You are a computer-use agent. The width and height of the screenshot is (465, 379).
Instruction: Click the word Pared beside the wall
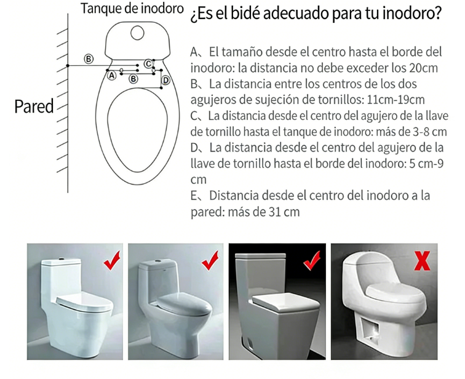pyautogui.click(x=34, y=106)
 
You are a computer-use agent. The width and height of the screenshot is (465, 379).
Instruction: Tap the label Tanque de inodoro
pyautogui.click(x=132, y=8)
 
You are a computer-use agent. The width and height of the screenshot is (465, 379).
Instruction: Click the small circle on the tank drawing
pyautogui.click(x=137, y=33)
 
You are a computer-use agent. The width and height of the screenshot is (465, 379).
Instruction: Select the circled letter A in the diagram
pyautogui.click(x=111, y=76)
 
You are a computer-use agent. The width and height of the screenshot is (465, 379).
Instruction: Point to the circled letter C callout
pyautogui.click(x=148, y=64)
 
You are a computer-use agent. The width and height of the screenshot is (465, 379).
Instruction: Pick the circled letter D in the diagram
pyautogui.click(x=166, y=80)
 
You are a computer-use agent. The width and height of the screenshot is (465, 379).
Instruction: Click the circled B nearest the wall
pyautogui.click(x=89, y=58)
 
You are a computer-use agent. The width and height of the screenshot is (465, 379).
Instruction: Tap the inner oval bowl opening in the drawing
pyautogui.click(x=137, y=130)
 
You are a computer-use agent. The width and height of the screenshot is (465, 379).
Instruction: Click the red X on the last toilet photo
pyautogui.click(x=422, y=261)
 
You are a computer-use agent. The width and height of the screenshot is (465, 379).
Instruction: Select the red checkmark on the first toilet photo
pyautogui.click(x=112, y=260)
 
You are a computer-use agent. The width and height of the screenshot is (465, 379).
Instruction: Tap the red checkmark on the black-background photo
pyautogui.click(x=312, y=260)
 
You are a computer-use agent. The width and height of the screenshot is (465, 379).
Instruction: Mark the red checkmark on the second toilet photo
pyautogui.click(x=210, y=260)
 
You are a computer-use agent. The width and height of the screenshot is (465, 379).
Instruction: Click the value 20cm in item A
pyautogui.click(x=423, y=68)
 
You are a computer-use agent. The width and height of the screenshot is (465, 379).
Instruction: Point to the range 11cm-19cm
pyautogui.click(x=395, y=100)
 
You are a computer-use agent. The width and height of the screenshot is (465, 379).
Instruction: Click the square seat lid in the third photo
pyautogui.click(x=286, y=302)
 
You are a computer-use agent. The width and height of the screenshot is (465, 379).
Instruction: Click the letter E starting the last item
pyautogui.click(x=194, y=196)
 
